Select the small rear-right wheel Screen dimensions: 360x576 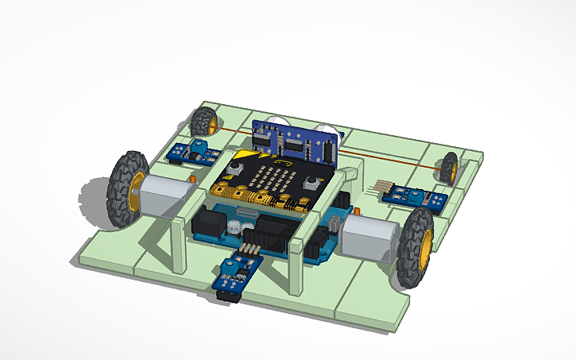click(x=450, y=168)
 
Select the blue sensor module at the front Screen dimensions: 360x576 click(x=235, y=275)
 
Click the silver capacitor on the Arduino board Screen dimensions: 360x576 click(x=231, y=228)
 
